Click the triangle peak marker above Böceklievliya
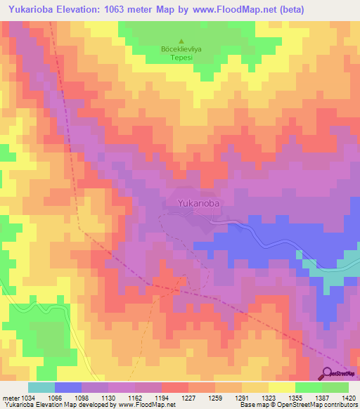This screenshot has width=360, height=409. pos(182,41)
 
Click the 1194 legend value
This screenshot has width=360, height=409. pos(162,398)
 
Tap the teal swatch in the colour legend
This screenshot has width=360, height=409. pos(41,387)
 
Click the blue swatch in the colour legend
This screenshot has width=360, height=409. pos(68,387)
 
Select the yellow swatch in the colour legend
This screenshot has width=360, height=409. pos(282,387)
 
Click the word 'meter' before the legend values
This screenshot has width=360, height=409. pos(9,398)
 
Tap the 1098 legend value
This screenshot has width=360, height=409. pos(82,398)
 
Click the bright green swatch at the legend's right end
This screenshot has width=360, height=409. pos(335,387)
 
